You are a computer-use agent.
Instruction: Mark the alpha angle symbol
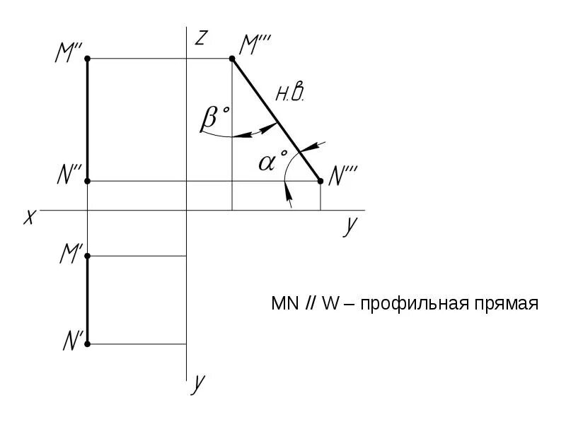(x=269, y=162)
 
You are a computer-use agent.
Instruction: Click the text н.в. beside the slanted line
(x=290, y=93)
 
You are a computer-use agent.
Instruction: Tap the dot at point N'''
(x=320, y=182)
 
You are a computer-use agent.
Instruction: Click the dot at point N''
(x=87, y=182)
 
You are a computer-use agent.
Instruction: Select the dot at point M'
(x=87, y=256)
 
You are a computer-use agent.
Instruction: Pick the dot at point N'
(x=87, y=344)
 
